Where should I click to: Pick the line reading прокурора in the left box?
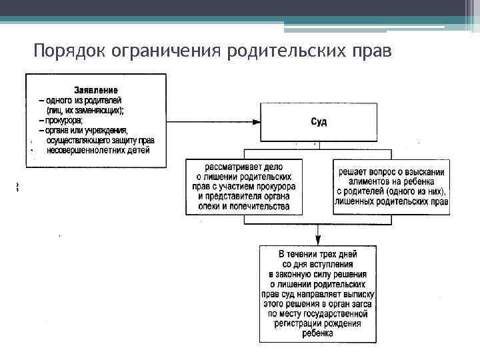tap(64, 120)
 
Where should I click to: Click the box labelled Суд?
tap(319, 121)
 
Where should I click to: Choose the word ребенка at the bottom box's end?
tap(317, 333)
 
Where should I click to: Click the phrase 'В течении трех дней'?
tap(318, 255)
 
